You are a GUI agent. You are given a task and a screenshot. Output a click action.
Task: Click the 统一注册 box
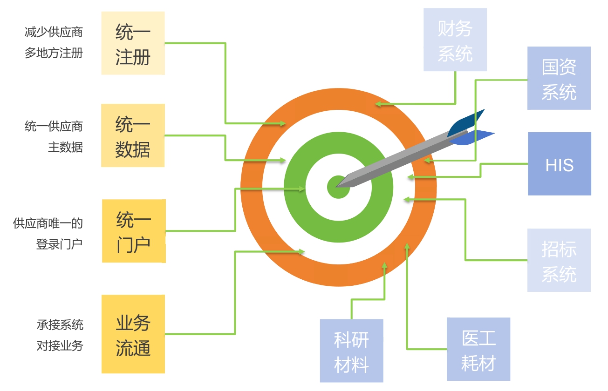pyautogui.click(x=133, y=43)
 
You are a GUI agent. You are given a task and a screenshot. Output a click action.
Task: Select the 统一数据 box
pyautogui.click(x=133, y=135)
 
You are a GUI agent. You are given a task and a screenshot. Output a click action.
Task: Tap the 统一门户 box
pyautogui.click(x=134, y=231)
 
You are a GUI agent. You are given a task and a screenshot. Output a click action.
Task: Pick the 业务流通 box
pyautogui.click(x=133, y=334)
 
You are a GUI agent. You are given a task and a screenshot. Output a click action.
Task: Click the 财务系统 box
pyautogui.click(x=455, y=40)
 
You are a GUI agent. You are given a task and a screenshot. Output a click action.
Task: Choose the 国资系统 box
pyautogui.click(x=559, y=78)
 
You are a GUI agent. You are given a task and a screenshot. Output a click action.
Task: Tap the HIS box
pyautogui.click(x=559, y=164)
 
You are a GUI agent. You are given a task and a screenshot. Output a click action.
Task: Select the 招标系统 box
pyautogui.click(x=559, y=260)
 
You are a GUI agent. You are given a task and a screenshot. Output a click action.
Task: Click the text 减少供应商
pyautogui.click(x=54, y=32)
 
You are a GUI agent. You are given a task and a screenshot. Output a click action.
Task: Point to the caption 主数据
pyautogui.click(x=65, y=147)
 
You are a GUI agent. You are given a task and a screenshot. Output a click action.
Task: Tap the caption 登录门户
pyautogui.click(x=59, y=244)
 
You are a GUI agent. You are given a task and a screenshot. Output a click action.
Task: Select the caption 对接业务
pyautogui.click(x=60, y=346)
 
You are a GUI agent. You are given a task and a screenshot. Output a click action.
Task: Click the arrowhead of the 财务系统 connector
pyautogui.click(x=378, y=104)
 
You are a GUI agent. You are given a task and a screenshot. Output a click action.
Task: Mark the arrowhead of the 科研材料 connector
pyautogui.click(x=384, y=265)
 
